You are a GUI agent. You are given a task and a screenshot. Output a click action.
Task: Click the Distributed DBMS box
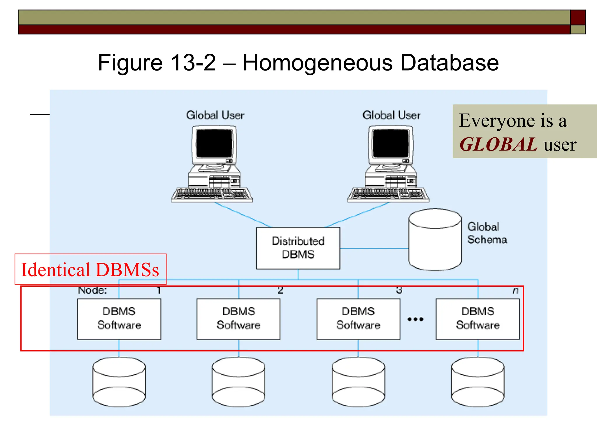[298, 248]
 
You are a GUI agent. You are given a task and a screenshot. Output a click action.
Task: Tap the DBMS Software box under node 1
[119, 319]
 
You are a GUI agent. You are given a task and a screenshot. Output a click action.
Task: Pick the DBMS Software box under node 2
[238, 319]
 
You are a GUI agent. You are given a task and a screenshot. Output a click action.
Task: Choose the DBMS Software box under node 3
[358, 319]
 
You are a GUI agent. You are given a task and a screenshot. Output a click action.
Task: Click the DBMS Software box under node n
[478, 319]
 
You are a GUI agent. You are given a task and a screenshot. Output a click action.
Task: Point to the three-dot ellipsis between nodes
[415, 319]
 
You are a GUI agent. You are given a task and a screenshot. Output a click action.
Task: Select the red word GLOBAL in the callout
[498, 144]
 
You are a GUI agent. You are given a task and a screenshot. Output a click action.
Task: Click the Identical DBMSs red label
[90, 269]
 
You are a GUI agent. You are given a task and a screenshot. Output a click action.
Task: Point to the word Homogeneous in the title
[318, 63]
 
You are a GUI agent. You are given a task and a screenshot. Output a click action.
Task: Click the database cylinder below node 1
[119, 382]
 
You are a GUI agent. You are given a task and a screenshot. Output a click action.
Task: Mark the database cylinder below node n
[478, 382]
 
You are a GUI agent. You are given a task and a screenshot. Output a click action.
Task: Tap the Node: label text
[92, 290]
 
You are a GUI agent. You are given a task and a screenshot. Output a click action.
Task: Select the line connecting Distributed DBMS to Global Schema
[374, 249]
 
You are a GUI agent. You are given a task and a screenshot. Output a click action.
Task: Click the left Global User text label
[215, 115]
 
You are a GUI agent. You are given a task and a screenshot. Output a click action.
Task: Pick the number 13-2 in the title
[193, 63]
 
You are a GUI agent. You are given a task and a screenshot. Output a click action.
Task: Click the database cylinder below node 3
[358, 382]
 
